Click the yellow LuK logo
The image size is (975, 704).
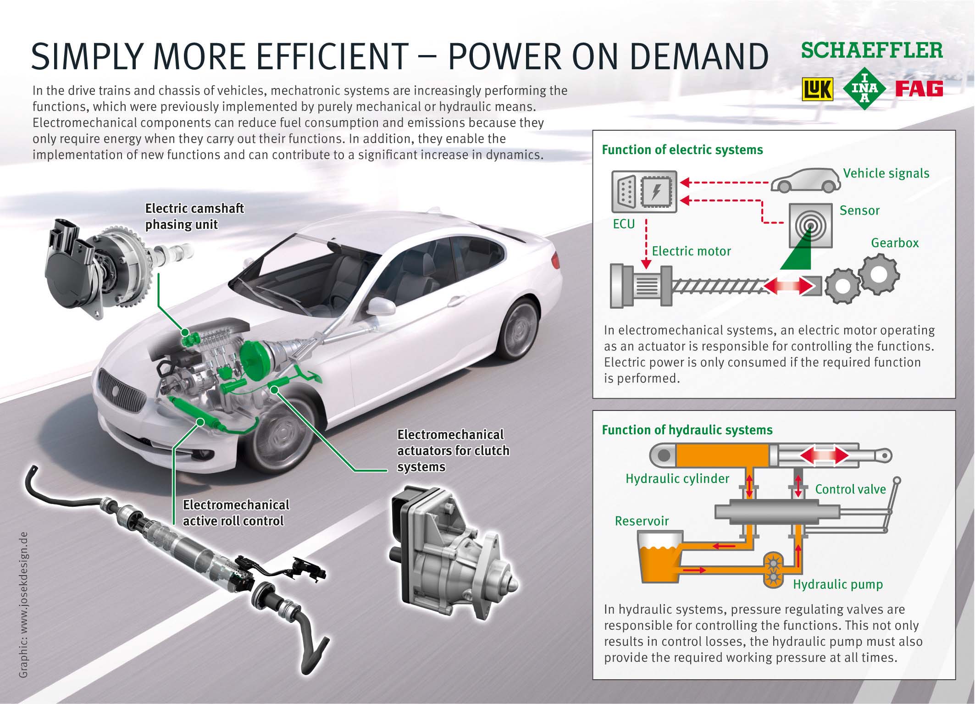click(817, 89)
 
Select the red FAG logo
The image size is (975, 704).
click(919, 89)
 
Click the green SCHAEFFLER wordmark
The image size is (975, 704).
click(872, 51)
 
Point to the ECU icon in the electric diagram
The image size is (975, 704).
click(644, 192)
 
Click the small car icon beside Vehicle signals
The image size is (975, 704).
click(806, 180)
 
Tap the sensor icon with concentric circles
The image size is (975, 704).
click(810, 225)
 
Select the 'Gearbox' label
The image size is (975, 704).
click(895, 243)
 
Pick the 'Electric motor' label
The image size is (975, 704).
click(691, 251)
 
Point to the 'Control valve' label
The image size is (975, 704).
click(850, 489)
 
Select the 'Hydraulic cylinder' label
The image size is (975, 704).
click(677, 478)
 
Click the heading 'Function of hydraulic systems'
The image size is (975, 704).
click(687, 430)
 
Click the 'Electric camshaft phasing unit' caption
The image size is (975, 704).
click(194, 216)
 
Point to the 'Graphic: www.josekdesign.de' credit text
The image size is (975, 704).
click(24, 600)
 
